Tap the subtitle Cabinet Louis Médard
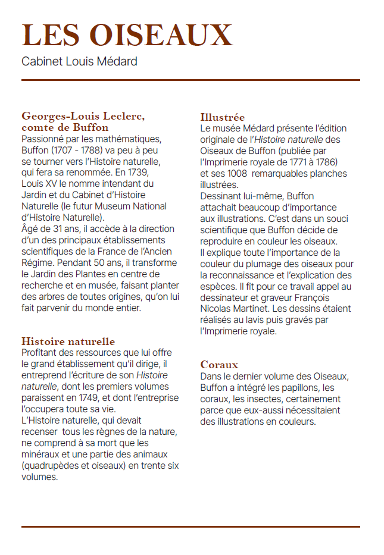[79, 61]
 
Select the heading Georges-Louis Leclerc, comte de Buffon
[83, 121]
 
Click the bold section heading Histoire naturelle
[68, 341]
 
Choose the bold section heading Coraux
[219, 365]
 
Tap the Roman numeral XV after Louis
[50, 184]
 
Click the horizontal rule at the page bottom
[191, 526]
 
